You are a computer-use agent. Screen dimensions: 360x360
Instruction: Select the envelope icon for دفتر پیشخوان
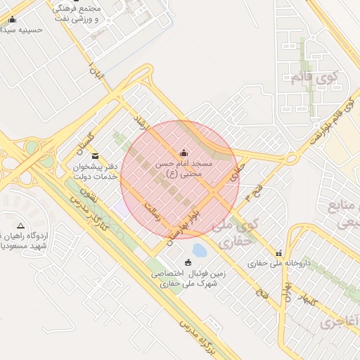tap(96, 156)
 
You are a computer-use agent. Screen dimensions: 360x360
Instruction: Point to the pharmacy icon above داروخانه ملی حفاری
tap(279, 253)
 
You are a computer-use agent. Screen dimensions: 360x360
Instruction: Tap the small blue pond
tap(200, 250)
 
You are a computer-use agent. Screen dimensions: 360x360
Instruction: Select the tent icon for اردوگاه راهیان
tap(20, 226)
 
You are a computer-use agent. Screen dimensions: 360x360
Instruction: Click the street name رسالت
tap(152, 211)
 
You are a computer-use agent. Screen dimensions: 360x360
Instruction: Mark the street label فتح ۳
tap(251, 191)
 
